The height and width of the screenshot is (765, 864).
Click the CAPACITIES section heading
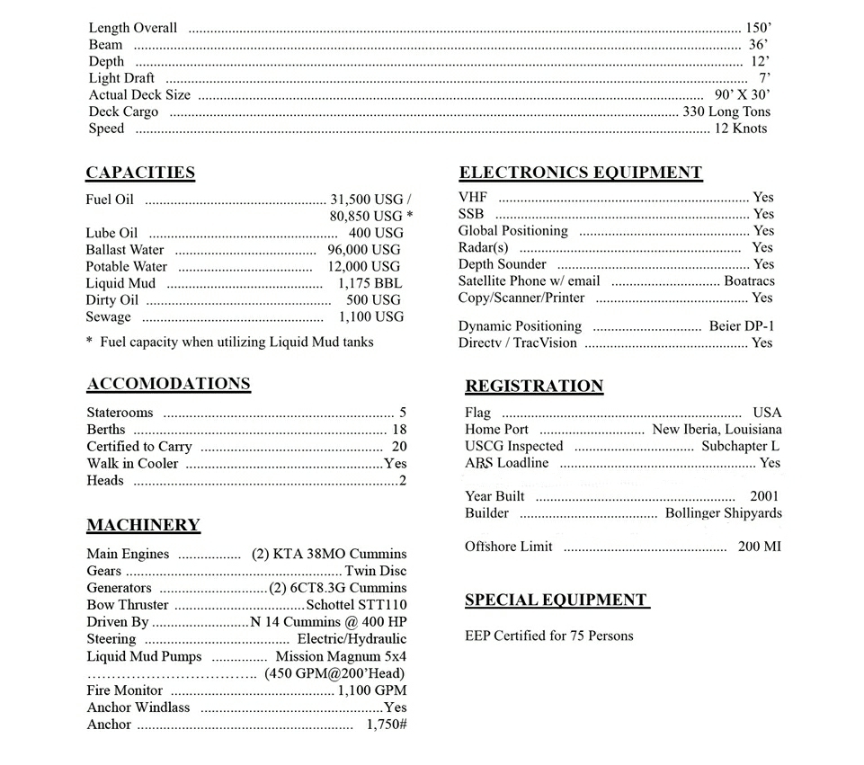(140, 173)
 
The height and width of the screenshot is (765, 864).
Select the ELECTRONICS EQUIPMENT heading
(580, 173)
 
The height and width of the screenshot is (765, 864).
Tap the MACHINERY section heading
(143, 525)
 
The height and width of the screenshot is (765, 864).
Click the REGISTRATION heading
(534, 386)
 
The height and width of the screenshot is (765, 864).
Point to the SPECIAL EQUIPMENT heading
(557, 600)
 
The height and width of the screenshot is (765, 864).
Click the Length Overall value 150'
(757, 28)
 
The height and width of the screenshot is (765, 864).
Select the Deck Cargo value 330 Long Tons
(726, 111)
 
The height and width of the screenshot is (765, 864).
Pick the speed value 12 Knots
(741, 129)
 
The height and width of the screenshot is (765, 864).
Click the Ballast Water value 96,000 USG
(364, 249)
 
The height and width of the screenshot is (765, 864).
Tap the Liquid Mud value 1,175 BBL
(370, 283)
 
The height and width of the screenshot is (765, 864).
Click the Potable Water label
(127, 266)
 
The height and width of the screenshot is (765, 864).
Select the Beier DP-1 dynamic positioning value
(741, 326)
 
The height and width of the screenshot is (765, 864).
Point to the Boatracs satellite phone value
(749, 280)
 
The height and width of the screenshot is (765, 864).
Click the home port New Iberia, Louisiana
(717, 429)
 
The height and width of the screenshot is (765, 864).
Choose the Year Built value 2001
(764, 496)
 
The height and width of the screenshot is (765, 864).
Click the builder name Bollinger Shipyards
(723, 513)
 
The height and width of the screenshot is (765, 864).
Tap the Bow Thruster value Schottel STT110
(356, 605)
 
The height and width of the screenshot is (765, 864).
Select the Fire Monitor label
(125, 690)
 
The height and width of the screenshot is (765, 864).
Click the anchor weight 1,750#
(387, 725)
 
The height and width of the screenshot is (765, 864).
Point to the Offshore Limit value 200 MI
(760, 547)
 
